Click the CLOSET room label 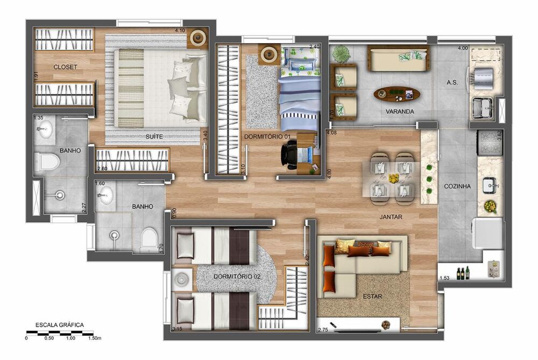[65, 67]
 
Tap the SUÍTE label [154, 137]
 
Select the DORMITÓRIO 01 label [267, 137]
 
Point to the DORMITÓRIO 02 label [237, 277]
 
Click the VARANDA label [400, 111]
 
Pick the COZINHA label [457, 186]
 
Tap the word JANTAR [391, 217]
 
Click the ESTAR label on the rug [373, 297]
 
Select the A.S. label [452, 83]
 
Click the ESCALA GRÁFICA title [60, 325]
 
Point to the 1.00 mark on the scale [70, 338]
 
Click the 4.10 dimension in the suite [180, 30]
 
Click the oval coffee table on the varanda [397, 94]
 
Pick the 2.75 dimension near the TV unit [323, 330]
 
